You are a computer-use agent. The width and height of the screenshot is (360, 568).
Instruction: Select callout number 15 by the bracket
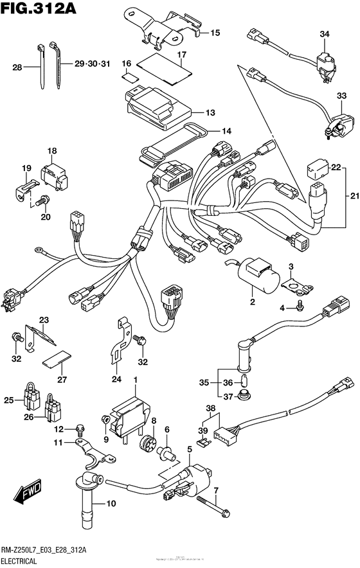coord(215,33)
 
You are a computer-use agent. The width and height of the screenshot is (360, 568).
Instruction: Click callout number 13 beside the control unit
coord(210,112)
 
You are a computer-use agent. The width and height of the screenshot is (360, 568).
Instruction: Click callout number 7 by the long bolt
coord(217,491)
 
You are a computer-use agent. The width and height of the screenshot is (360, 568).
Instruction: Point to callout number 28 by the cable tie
coord(17,66)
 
